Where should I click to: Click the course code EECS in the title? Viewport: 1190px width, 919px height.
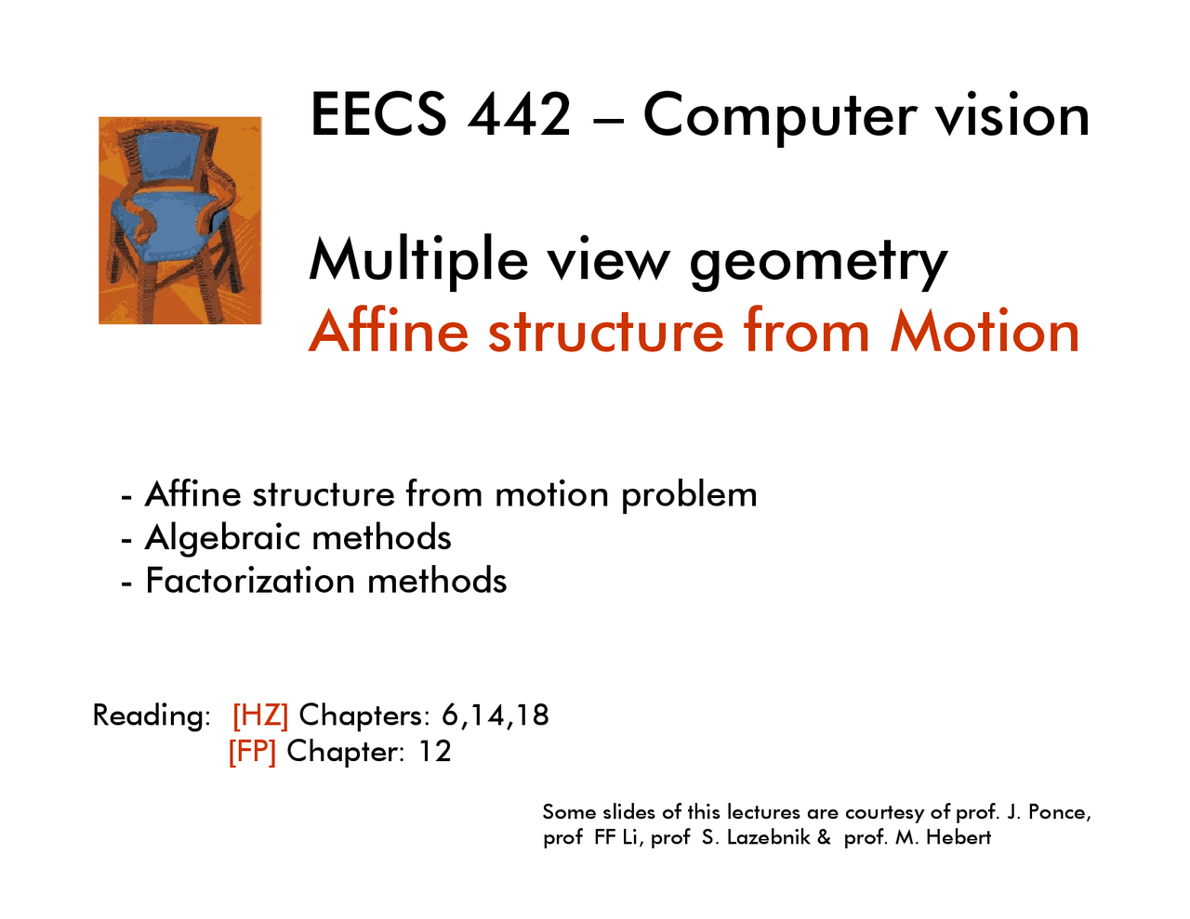378,115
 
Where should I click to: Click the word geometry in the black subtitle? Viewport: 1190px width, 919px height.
817,261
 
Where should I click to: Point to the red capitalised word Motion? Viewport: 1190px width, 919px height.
985,332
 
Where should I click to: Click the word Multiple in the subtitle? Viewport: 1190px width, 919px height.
418,259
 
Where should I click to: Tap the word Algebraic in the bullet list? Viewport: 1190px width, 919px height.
223,538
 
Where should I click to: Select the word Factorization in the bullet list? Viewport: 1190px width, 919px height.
249,581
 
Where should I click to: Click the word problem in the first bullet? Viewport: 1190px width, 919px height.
689,495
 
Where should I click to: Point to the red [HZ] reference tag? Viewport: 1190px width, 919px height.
260,716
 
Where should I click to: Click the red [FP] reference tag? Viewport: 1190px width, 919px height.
252,751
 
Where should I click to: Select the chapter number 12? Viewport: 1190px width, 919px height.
434,751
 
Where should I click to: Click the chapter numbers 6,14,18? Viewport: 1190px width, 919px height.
495,716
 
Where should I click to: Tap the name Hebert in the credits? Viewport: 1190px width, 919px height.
959,837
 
